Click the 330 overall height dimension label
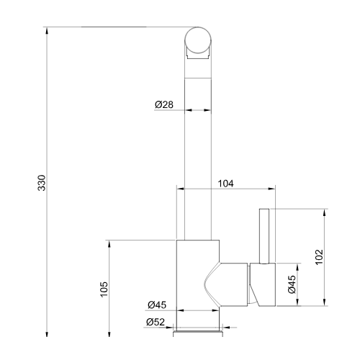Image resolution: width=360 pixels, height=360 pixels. pos(42,183)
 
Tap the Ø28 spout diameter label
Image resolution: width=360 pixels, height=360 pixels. pos(164,104)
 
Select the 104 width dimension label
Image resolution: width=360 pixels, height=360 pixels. pos(225,184)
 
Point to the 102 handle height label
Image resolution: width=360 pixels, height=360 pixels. pos(319,257)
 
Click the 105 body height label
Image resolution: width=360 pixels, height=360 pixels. pos(104,289)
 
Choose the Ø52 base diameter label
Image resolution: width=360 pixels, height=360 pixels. pos(156,322)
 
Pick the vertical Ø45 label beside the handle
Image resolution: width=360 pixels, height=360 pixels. pos(292,284)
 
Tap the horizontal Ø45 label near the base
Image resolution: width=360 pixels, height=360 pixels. pos(157,305)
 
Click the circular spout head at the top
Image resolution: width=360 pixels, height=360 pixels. pos(198,40)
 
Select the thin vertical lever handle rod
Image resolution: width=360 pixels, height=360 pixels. pos(264,236)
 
